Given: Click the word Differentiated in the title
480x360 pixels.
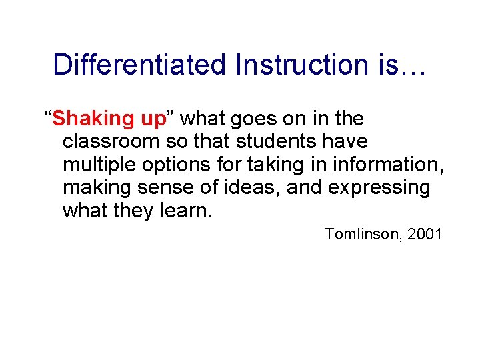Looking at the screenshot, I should (x=139, y=65).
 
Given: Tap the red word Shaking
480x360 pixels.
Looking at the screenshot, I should (x=93, y=119).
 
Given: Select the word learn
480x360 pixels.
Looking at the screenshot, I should (x=186, y=211).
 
